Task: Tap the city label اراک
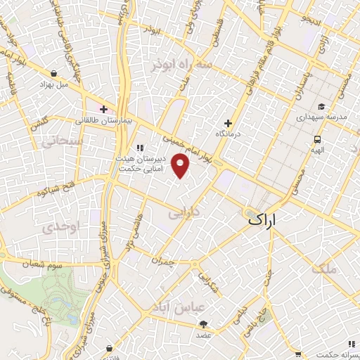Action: [x=262, y=220]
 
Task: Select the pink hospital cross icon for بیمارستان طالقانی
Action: [x=104, y=109]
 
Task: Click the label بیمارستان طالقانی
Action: [x=104, y=121]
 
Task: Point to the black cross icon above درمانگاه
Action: [x=228, y=123]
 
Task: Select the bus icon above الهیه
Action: [x=318, y=139]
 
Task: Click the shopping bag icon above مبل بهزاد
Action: [x=54, y=73]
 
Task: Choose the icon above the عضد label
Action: [x=204, y=324]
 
